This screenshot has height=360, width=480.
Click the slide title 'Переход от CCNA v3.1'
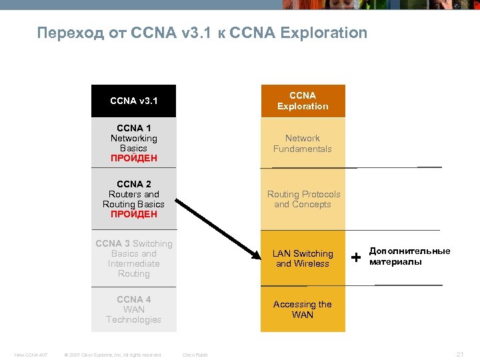(202, 33)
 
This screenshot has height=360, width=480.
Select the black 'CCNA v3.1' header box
(133, 101)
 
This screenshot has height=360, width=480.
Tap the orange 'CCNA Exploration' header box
(303, 101)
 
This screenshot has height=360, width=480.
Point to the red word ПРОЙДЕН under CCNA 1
(133, 159)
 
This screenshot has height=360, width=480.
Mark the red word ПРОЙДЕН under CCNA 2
(133, 215)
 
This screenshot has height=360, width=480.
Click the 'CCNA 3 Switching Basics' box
(133, 259)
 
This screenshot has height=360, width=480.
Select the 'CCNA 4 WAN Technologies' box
(133, 309)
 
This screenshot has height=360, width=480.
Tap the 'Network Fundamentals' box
(303, 143)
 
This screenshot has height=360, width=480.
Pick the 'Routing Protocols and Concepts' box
(303, 199)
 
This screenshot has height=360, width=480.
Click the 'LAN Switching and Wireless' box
(303, 259)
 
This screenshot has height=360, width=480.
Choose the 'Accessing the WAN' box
(303, 309)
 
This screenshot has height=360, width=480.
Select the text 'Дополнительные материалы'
(409, 256)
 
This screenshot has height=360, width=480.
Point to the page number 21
(459, 355)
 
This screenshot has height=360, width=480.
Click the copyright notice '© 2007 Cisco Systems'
(112, 355)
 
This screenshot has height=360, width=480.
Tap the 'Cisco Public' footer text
(195, 355)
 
